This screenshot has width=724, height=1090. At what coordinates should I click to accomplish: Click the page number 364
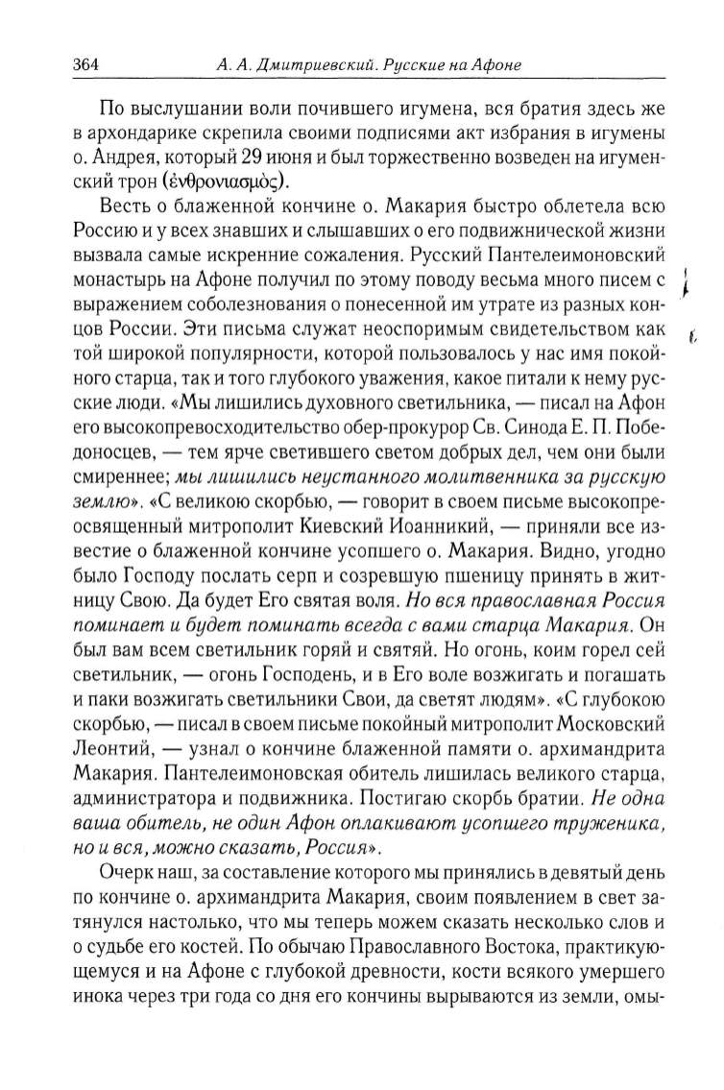click(x=86, y=65)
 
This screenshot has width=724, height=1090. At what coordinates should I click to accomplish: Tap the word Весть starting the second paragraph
click(x=130, y=207)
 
